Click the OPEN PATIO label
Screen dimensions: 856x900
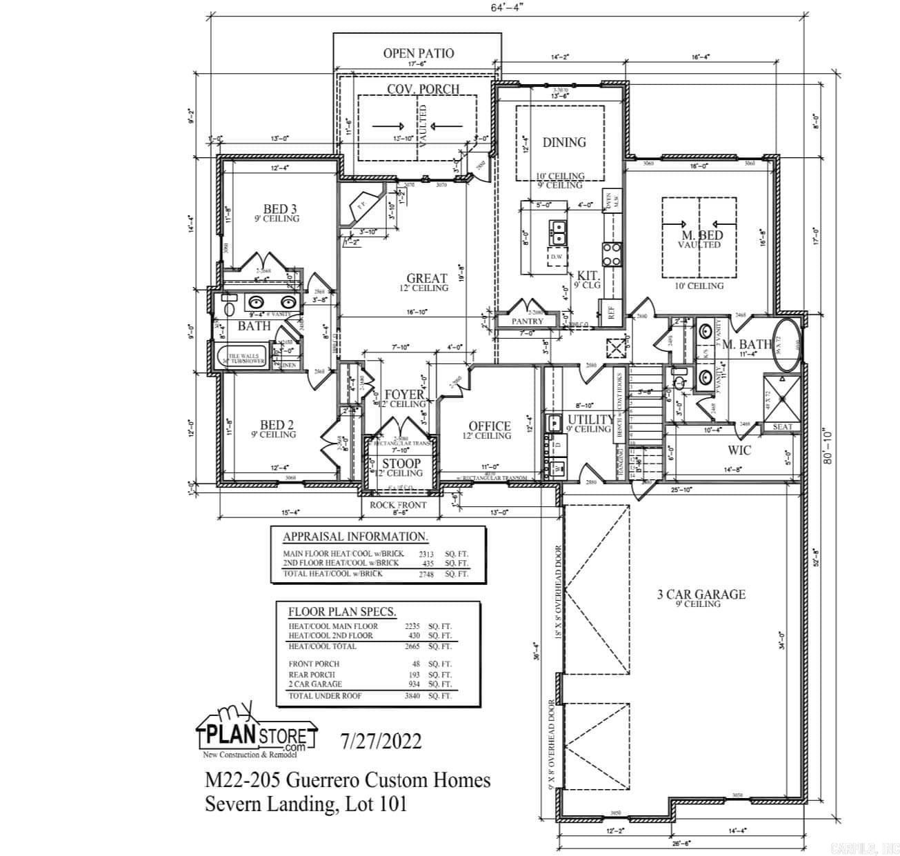click(419, 53)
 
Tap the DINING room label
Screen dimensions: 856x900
click(564, 142)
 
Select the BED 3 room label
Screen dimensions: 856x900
click(280, 208)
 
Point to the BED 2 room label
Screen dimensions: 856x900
click(277, 425)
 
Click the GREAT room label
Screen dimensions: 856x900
click(426, 279)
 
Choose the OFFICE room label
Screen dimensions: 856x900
click(490, 426)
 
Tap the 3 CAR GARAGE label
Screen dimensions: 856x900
click(701, 594)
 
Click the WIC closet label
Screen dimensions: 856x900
click(739, 450)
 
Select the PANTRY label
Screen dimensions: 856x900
click(528, 321)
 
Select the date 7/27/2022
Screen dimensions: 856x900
click(381, 741)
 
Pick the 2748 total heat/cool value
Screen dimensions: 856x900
click(426, 574)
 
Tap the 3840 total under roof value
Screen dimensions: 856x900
click(412, 696)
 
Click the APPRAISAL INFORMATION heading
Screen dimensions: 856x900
click(355, 537)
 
